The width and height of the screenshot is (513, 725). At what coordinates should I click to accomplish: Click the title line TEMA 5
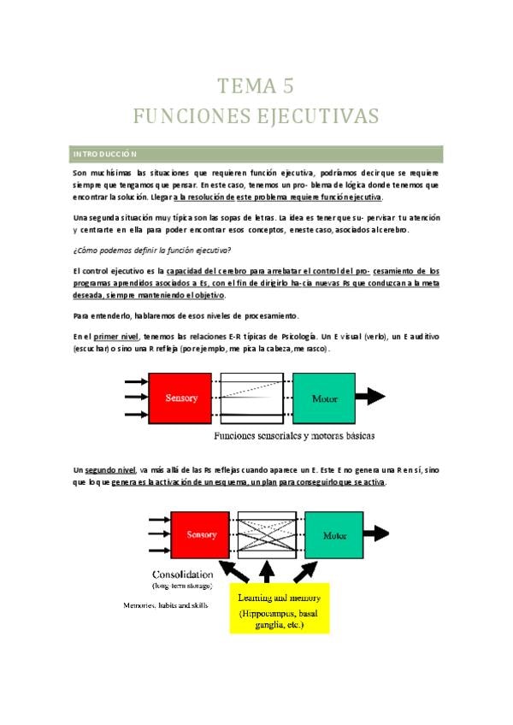click(256, 85)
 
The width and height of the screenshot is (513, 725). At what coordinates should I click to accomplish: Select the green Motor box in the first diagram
click(324, 398)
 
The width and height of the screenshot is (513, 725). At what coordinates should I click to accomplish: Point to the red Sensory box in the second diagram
click(201, 534)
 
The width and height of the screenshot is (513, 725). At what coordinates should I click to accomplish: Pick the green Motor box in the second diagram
click(334, 534)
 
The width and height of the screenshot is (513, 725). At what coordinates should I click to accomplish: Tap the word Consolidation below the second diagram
click(187, 573)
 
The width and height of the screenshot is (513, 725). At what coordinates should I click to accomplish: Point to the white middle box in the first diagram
click(252, 398)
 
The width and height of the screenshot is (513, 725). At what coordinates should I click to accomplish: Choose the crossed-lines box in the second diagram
click(268, 534)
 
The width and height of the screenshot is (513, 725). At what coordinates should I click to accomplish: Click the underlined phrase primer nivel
click(118, 336)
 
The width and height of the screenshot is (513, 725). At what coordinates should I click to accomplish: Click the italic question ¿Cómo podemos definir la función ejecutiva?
click(151, 250)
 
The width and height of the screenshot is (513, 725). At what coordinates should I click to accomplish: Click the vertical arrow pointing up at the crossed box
click(267, 571)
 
